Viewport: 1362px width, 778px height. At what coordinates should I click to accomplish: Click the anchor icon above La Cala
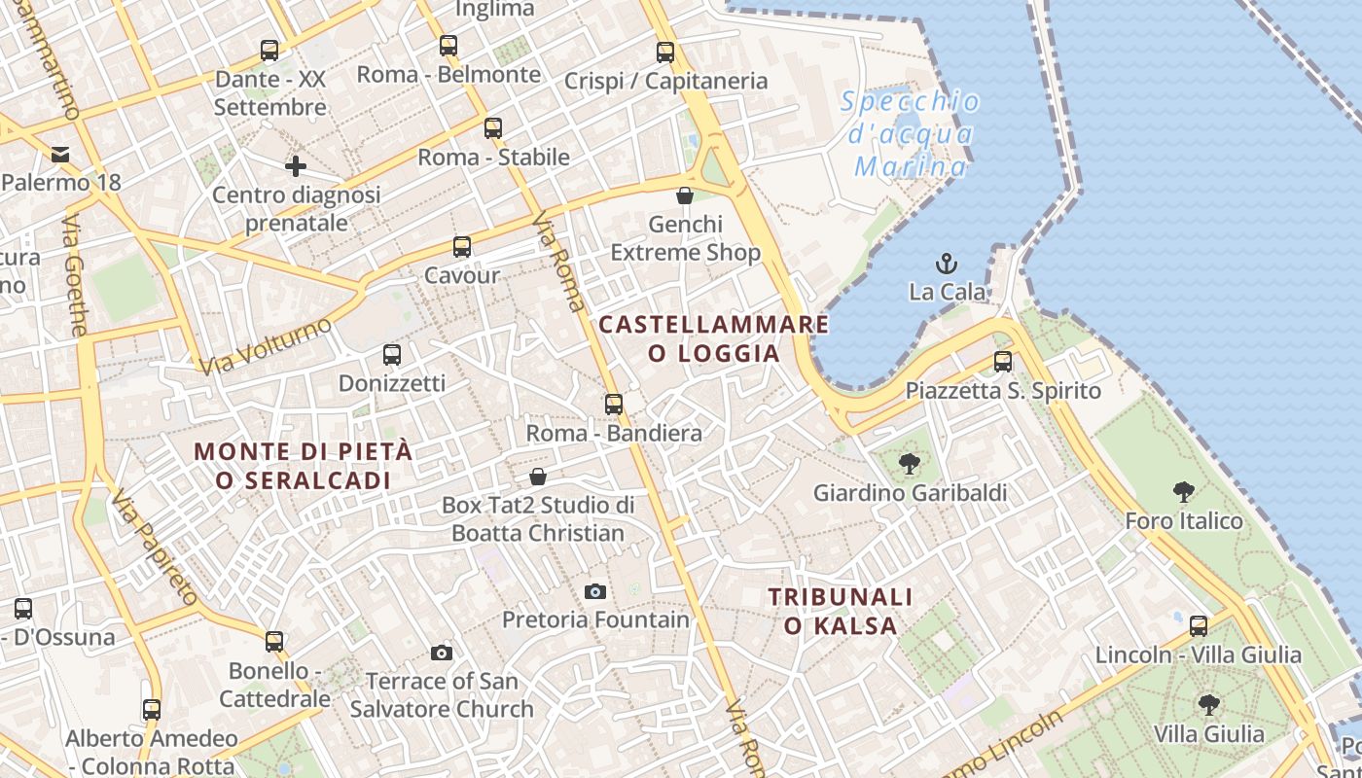pos(946,264)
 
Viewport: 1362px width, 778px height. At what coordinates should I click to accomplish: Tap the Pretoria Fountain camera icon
pos(595,591)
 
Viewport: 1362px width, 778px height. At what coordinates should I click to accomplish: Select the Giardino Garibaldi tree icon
pos(910,464)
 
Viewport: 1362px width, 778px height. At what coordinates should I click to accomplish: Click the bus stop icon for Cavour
pos(462,247)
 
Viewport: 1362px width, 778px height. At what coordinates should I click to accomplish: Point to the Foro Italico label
pos(1184,521)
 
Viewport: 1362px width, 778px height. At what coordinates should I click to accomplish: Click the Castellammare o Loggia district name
pos(714,338)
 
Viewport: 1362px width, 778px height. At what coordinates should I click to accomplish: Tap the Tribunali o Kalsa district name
pos(841,611)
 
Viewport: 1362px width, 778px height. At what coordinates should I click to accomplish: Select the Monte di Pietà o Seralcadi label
pos(304,466)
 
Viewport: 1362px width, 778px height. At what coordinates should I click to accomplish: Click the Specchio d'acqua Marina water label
pos(911,134)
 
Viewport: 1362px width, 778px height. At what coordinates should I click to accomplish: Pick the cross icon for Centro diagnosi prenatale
pos(296,166)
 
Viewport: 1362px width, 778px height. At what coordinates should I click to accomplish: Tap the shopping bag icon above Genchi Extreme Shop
pos(685,195)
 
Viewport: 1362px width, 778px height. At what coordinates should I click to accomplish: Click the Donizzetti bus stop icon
pos(392,355)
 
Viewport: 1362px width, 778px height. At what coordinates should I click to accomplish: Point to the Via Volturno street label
pos(265,346)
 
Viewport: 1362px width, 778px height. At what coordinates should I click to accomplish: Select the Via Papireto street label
pos(155,548)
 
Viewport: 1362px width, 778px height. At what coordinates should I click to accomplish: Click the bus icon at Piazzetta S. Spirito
pos(1003,362)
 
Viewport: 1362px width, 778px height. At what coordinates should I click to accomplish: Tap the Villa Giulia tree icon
pos(1208,704)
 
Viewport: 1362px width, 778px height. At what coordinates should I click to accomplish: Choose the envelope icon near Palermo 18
pos(61,154)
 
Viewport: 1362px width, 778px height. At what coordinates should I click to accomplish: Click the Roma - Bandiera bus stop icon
pos(614,404)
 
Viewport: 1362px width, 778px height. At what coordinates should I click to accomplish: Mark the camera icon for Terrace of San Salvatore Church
pos(442,653)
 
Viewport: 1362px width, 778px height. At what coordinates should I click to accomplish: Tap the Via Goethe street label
pos(74,276)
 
